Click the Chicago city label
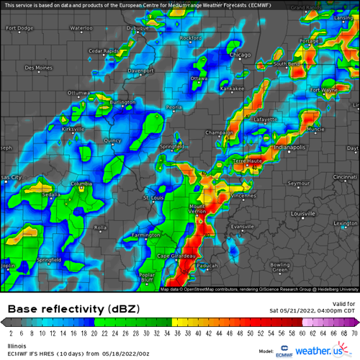[240, 55]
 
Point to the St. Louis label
[154, 197]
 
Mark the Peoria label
[174, 107]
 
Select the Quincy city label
[112, 140]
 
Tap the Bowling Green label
[279, 267]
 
